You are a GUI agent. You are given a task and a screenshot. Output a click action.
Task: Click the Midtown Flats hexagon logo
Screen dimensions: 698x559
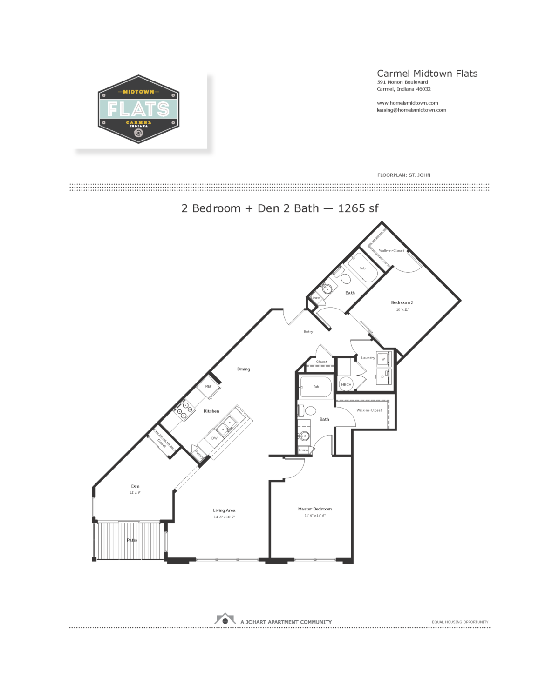pos(138,109)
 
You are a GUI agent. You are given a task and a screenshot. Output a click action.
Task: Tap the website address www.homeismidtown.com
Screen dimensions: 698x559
pos(407,103)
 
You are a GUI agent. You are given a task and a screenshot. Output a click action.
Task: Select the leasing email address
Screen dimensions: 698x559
pos(411,110)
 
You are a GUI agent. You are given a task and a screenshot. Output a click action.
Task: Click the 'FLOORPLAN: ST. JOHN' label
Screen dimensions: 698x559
pos(403,175)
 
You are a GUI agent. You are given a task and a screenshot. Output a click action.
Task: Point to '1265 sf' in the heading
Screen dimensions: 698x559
pos(358,208)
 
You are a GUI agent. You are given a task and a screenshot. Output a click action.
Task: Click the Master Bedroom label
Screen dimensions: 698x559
pos(315,509)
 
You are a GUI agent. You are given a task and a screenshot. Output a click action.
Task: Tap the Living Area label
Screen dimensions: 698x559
pos(224,510)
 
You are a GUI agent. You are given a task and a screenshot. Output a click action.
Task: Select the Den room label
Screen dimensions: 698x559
pos(135,486)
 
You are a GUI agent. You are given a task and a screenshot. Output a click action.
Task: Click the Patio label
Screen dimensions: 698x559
pos(132,540)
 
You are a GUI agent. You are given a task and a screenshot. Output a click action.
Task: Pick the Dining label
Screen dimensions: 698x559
pos(244,369)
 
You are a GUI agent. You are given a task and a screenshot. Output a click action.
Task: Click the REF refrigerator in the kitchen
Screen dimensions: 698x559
pos(209,387)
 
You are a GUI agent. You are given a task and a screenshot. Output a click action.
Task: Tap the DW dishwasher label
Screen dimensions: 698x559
pos(214,438)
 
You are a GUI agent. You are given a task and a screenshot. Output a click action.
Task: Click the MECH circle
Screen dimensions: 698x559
pos(346,384)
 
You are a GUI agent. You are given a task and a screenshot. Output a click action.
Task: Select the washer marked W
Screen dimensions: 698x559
pos(383,359)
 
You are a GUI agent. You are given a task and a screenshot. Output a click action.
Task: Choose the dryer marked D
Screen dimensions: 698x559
pos(382,376)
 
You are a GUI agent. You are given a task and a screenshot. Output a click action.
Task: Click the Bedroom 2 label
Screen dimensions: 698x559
pos(402,302)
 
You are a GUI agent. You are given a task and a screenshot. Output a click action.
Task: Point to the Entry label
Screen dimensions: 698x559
pos(308,332)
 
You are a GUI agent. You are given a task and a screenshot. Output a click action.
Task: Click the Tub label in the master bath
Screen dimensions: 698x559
pos(316,387)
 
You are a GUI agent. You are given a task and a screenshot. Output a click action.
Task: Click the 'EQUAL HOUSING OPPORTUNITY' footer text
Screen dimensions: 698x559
pos(460,622)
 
